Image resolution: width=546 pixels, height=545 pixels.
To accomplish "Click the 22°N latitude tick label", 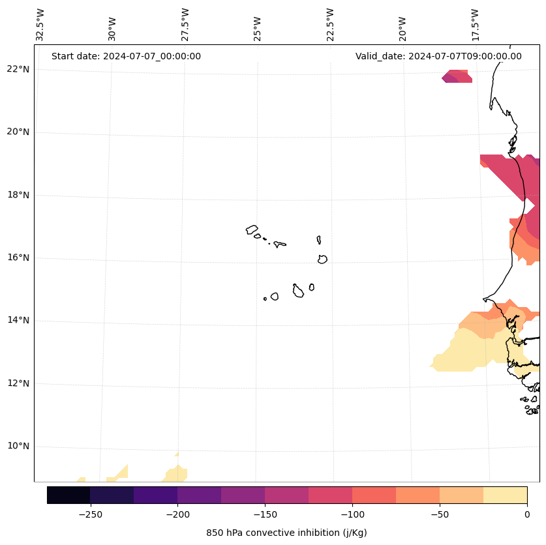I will point(18,69).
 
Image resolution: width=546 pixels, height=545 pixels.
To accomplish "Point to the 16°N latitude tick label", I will point(18,258).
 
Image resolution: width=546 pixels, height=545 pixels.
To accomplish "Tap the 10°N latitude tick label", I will point(18,446).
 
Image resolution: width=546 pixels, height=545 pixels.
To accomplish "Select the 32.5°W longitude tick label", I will point(40,24).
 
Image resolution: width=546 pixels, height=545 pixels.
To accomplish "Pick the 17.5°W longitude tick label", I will point(475,24).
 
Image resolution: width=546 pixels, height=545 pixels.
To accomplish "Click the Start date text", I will point(126,56).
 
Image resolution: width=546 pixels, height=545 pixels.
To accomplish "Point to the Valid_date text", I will point(438,56).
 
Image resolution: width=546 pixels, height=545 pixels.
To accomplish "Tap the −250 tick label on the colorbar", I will point(90,514).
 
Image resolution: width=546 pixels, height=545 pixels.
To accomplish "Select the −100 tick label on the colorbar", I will point(352,514).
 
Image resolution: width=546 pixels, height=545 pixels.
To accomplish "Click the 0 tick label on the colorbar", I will point(527,514).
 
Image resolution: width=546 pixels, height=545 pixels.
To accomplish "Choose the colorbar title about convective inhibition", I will point(286,533).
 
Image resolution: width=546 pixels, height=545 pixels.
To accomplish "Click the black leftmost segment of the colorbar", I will point(68,495).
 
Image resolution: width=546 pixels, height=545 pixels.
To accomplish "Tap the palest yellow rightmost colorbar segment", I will point(505,495).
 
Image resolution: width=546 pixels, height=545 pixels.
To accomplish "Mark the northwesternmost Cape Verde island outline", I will point(252,229).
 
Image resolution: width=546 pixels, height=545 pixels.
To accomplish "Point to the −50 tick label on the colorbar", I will point(440,514).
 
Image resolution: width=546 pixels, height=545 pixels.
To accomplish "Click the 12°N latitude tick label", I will point(18,383).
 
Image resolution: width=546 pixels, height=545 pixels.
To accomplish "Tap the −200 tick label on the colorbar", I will point(177,514).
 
